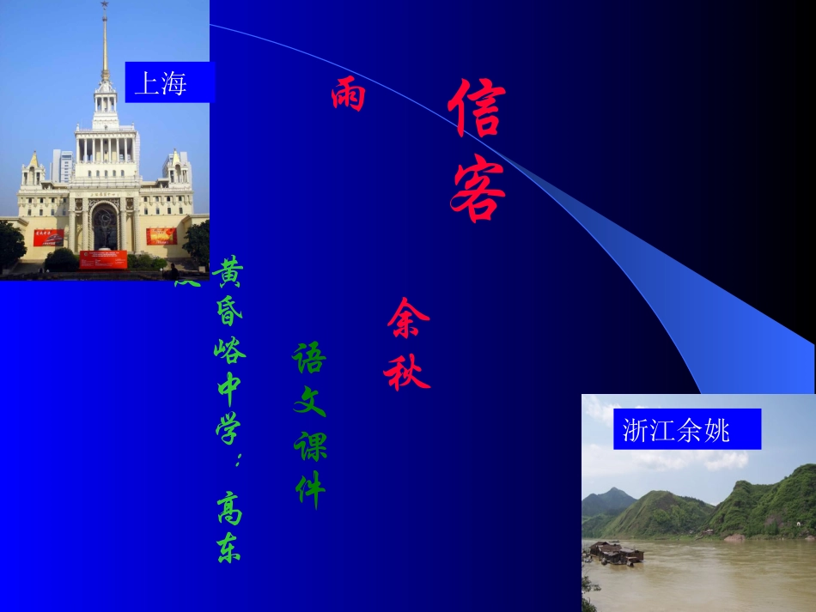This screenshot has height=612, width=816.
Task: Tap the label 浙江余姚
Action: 675,429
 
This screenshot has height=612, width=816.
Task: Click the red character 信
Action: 474,109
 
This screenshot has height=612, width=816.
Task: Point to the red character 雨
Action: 348,95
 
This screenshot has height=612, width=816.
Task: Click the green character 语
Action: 308,358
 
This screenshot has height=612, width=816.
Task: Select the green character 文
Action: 309,401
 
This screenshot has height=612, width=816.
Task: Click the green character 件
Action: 309,489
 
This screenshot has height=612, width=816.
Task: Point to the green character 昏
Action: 228,310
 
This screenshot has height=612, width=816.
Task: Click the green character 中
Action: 228,388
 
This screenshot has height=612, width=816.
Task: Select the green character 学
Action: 228,427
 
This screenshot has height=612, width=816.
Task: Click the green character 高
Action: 228,507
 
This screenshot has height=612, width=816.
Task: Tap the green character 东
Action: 228,547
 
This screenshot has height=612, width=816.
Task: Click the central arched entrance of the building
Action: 104,227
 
